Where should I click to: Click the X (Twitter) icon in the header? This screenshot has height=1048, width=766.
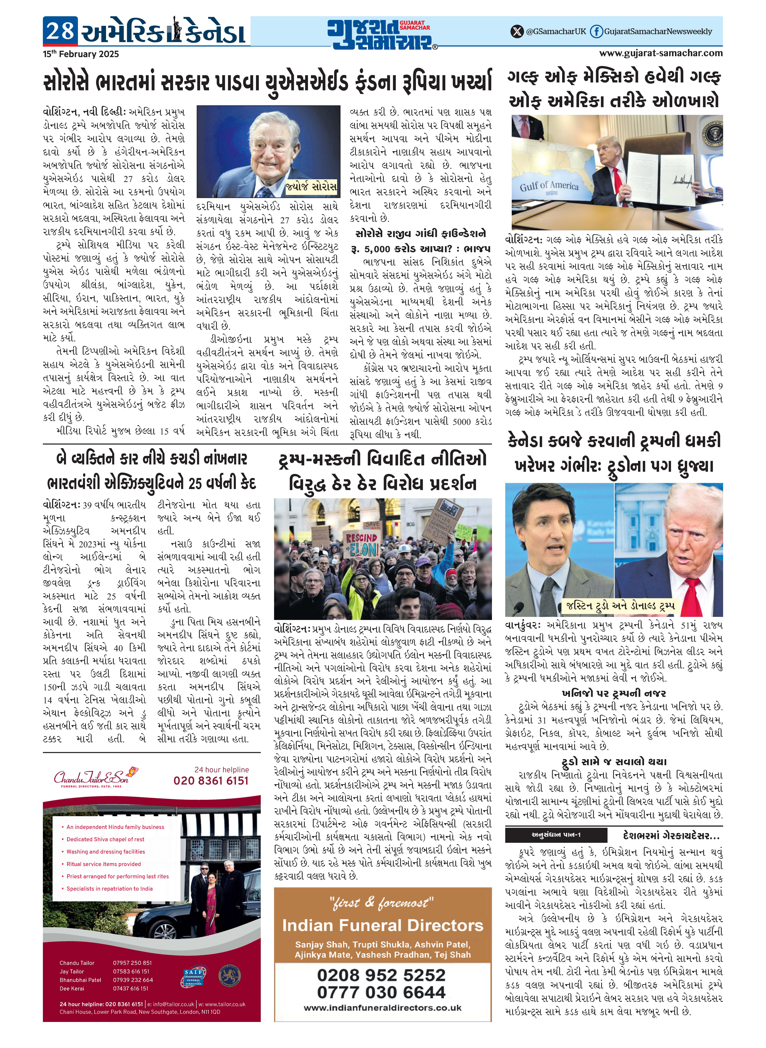[x=517, y=32]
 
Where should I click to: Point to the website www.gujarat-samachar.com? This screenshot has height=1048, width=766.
[x=661, y=53]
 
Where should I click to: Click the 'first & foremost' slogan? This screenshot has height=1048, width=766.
[x=382, y=903]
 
